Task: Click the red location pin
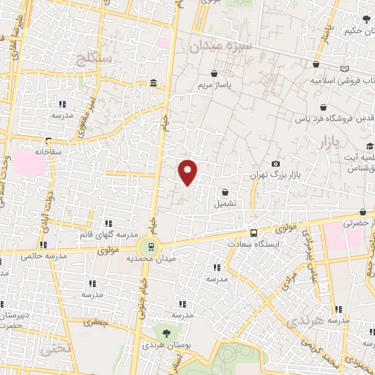(188, 172)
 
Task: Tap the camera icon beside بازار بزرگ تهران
(275, 164)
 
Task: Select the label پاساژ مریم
(213, 86)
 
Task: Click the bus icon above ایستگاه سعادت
(253, 231)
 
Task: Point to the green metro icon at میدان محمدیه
(151, 247)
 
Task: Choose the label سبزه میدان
(220, 46)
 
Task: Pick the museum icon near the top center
(152, 84)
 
